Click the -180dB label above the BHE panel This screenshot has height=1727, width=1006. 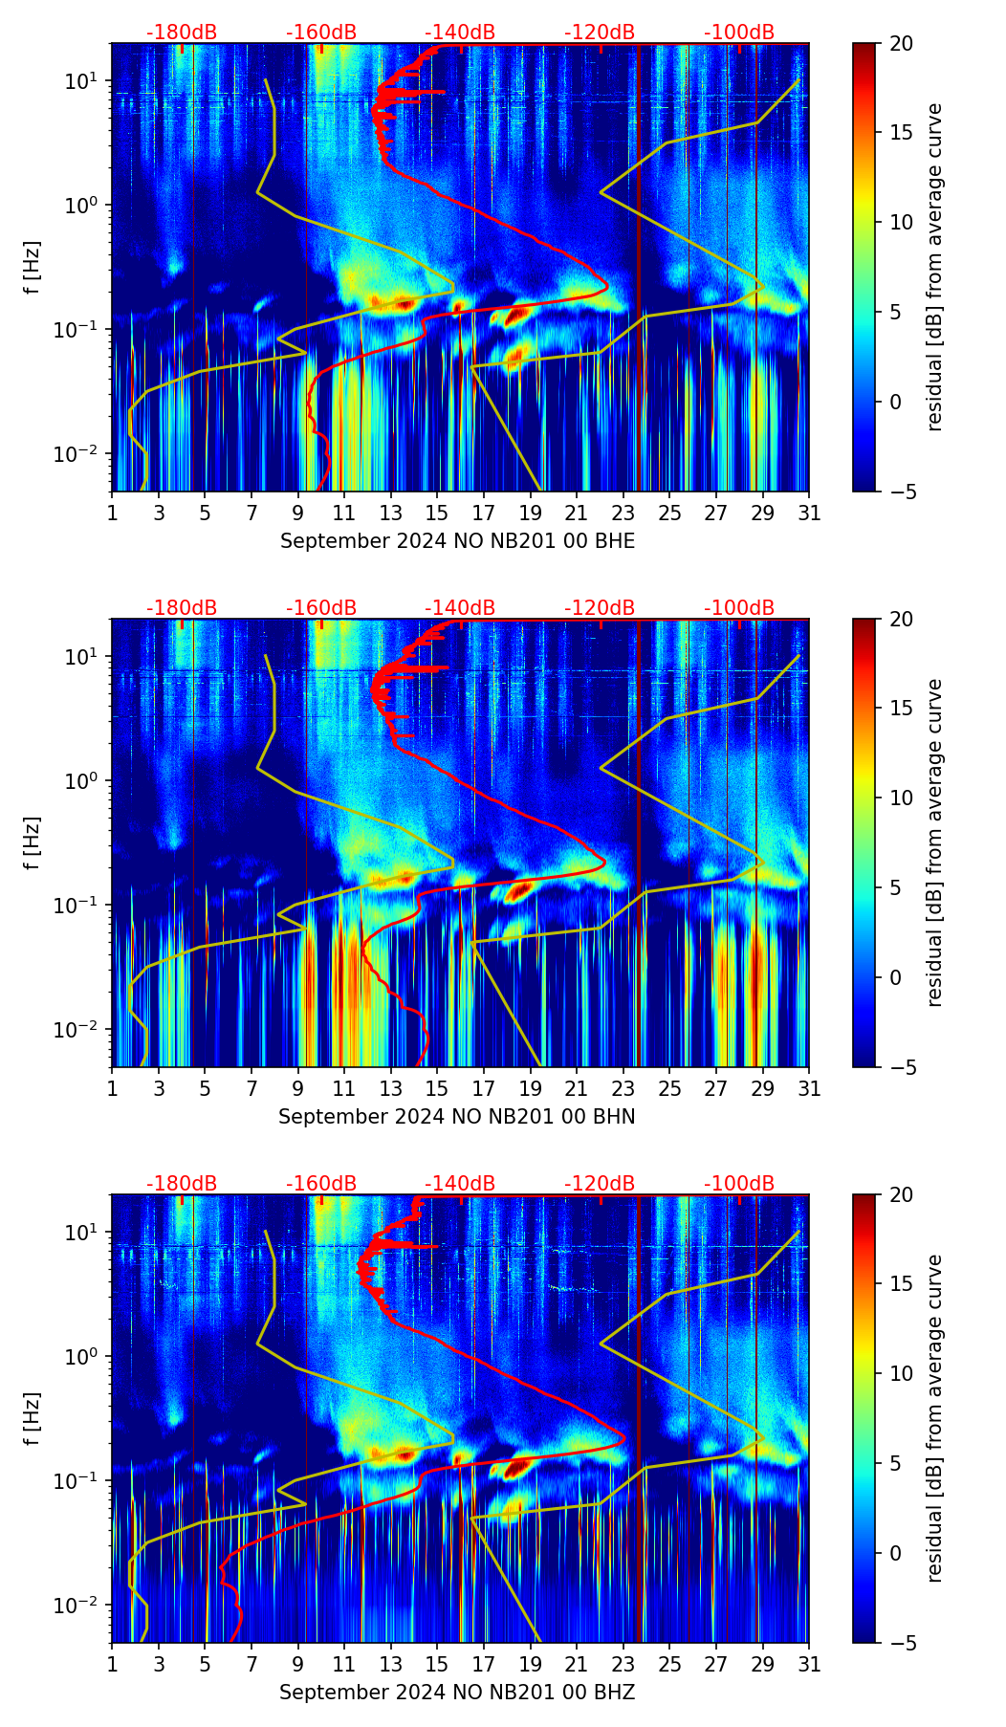tap(182, 33)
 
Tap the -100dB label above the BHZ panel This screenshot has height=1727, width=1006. tap(739, 1184)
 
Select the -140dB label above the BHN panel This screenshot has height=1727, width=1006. tap(460, 608)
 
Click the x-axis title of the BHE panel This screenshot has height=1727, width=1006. tap(457, 541)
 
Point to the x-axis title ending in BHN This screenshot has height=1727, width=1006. tap(457, 1117)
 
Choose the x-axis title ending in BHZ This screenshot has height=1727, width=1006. tap(457, 1693)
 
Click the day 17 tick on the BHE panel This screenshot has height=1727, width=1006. tap(483, 513)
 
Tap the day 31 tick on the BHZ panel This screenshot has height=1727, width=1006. tap(808, 1664)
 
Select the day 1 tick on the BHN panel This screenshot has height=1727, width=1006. tap(112, 1088)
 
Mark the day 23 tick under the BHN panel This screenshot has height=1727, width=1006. tap(623, 1088)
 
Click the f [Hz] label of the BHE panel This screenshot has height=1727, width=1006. tap(33, 268)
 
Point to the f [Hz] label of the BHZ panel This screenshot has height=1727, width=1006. tap(33, 1419)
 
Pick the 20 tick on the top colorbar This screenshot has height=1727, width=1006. tap(901, 43)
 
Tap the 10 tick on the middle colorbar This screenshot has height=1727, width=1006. tap(901, 798)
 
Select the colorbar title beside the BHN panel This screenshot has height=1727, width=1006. tap(934, 842)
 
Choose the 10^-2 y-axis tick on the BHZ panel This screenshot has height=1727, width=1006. tap(81, 1605)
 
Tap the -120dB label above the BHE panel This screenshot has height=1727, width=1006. tap(600, 33)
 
